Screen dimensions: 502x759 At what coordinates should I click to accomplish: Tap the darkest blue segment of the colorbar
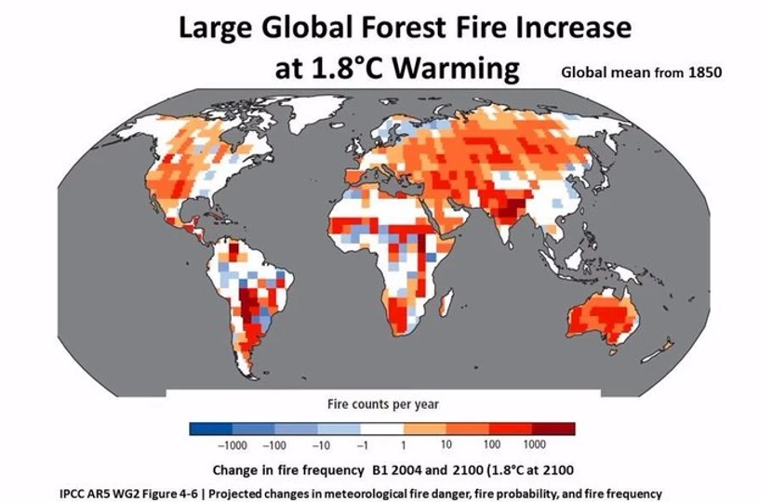[x=210, y=429]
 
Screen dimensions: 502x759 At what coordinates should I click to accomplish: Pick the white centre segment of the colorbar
[x=382, y=429]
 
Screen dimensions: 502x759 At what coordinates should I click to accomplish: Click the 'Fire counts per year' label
[x=382, y=404]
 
